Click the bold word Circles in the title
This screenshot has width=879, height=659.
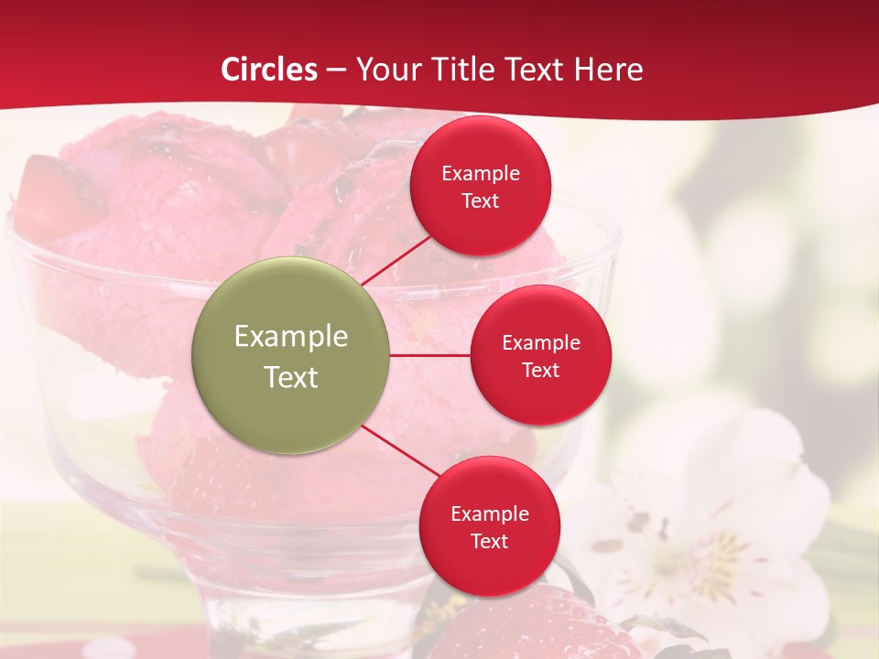(x=269, y=70)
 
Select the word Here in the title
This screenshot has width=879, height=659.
(x=609, y=70)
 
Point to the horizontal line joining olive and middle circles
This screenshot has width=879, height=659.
(x=430, y=355)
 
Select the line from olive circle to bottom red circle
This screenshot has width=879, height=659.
(x=400, y=450)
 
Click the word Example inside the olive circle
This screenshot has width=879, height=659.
(x=291, y=337)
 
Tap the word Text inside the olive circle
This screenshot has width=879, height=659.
(x=291, y=377)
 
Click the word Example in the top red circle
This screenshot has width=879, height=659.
(x=481, y=173)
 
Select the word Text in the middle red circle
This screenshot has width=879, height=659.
(x=540, y=370)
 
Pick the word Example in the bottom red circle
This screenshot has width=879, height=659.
(x=489, y=513)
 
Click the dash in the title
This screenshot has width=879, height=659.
(x=336, y=70)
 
